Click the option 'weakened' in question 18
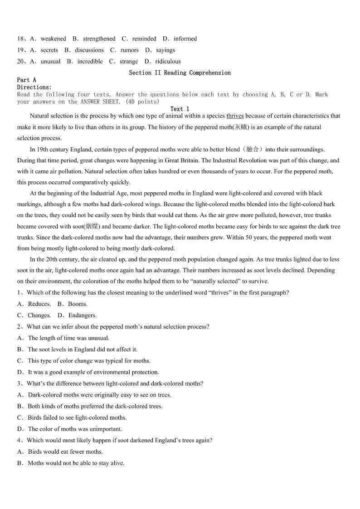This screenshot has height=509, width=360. click(53, 39)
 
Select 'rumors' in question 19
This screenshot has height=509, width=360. click(129, 50)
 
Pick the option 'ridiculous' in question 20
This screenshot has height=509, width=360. click(168, 62)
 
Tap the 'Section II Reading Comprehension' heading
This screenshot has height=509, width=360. click(180, 73)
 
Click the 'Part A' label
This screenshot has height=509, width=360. click(27, 80)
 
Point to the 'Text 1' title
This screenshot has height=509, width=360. click(180, 109)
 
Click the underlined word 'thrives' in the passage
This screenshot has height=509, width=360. click(235, 116)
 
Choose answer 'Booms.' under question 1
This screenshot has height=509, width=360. click(78, 304)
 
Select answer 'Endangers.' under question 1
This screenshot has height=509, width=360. click(83, 315)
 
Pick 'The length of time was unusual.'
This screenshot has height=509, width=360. click(68, 338)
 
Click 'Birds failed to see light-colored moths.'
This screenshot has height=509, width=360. click(77, 418)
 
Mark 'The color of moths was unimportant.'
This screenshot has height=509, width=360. click(75, 429)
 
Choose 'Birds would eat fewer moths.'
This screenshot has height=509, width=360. click(65, 452)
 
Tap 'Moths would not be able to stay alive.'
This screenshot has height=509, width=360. click(76, 463)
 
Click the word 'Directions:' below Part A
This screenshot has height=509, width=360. click(34, 87)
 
